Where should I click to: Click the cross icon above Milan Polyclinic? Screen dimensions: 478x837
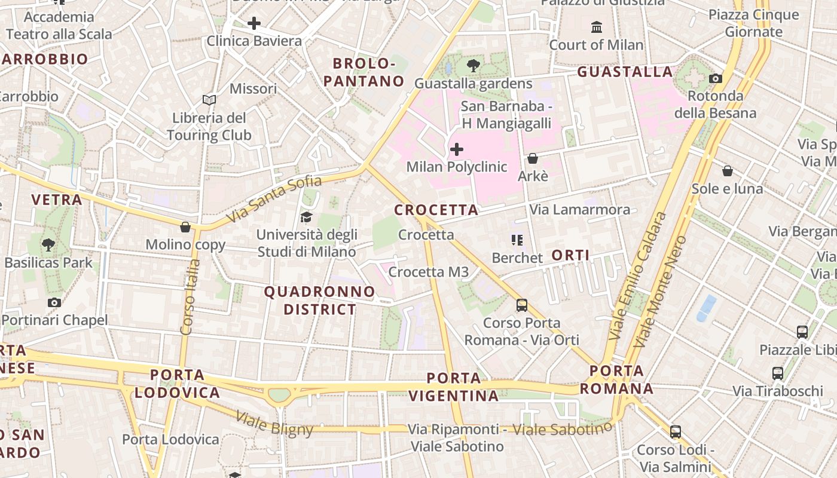457,149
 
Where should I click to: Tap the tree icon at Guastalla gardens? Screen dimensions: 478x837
474,66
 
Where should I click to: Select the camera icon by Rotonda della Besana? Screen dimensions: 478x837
716,78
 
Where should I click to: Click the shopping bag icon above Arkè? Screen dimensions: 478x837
532,158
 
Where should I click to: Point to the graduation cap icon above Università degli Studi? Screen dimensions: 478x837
307,216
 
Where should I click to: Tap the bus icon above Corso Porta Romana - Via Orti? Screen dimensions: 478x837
522,305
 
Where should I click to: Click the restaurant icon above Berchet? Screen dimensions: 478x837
517,240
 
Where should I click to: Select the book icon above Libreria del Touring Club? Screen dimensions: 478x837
209,100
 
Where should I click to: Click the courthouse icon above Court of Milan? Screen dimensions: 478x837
596,27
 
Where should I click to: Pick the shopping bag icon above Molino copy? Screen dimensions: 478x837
185,227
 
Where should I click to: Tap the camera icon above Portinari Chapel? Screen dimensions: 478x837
54,303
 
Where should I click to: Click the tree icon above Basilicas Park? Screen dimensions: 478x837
48,244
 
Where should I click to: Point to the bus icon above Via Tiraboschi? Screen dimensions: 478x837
777,373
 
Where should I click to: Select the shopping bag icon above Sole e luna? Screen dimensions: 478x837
727,171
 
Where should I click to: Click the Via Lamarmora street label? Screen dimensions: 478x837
579,210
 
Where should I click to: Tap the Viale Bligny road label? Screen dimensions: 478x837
274,423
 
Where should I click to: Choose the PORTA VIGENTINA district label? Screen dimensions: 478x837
454,387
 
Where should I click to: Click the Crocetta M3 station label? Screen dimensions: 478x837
428,272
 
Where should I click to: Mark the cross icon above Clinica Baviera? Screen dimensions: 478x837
254,23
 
